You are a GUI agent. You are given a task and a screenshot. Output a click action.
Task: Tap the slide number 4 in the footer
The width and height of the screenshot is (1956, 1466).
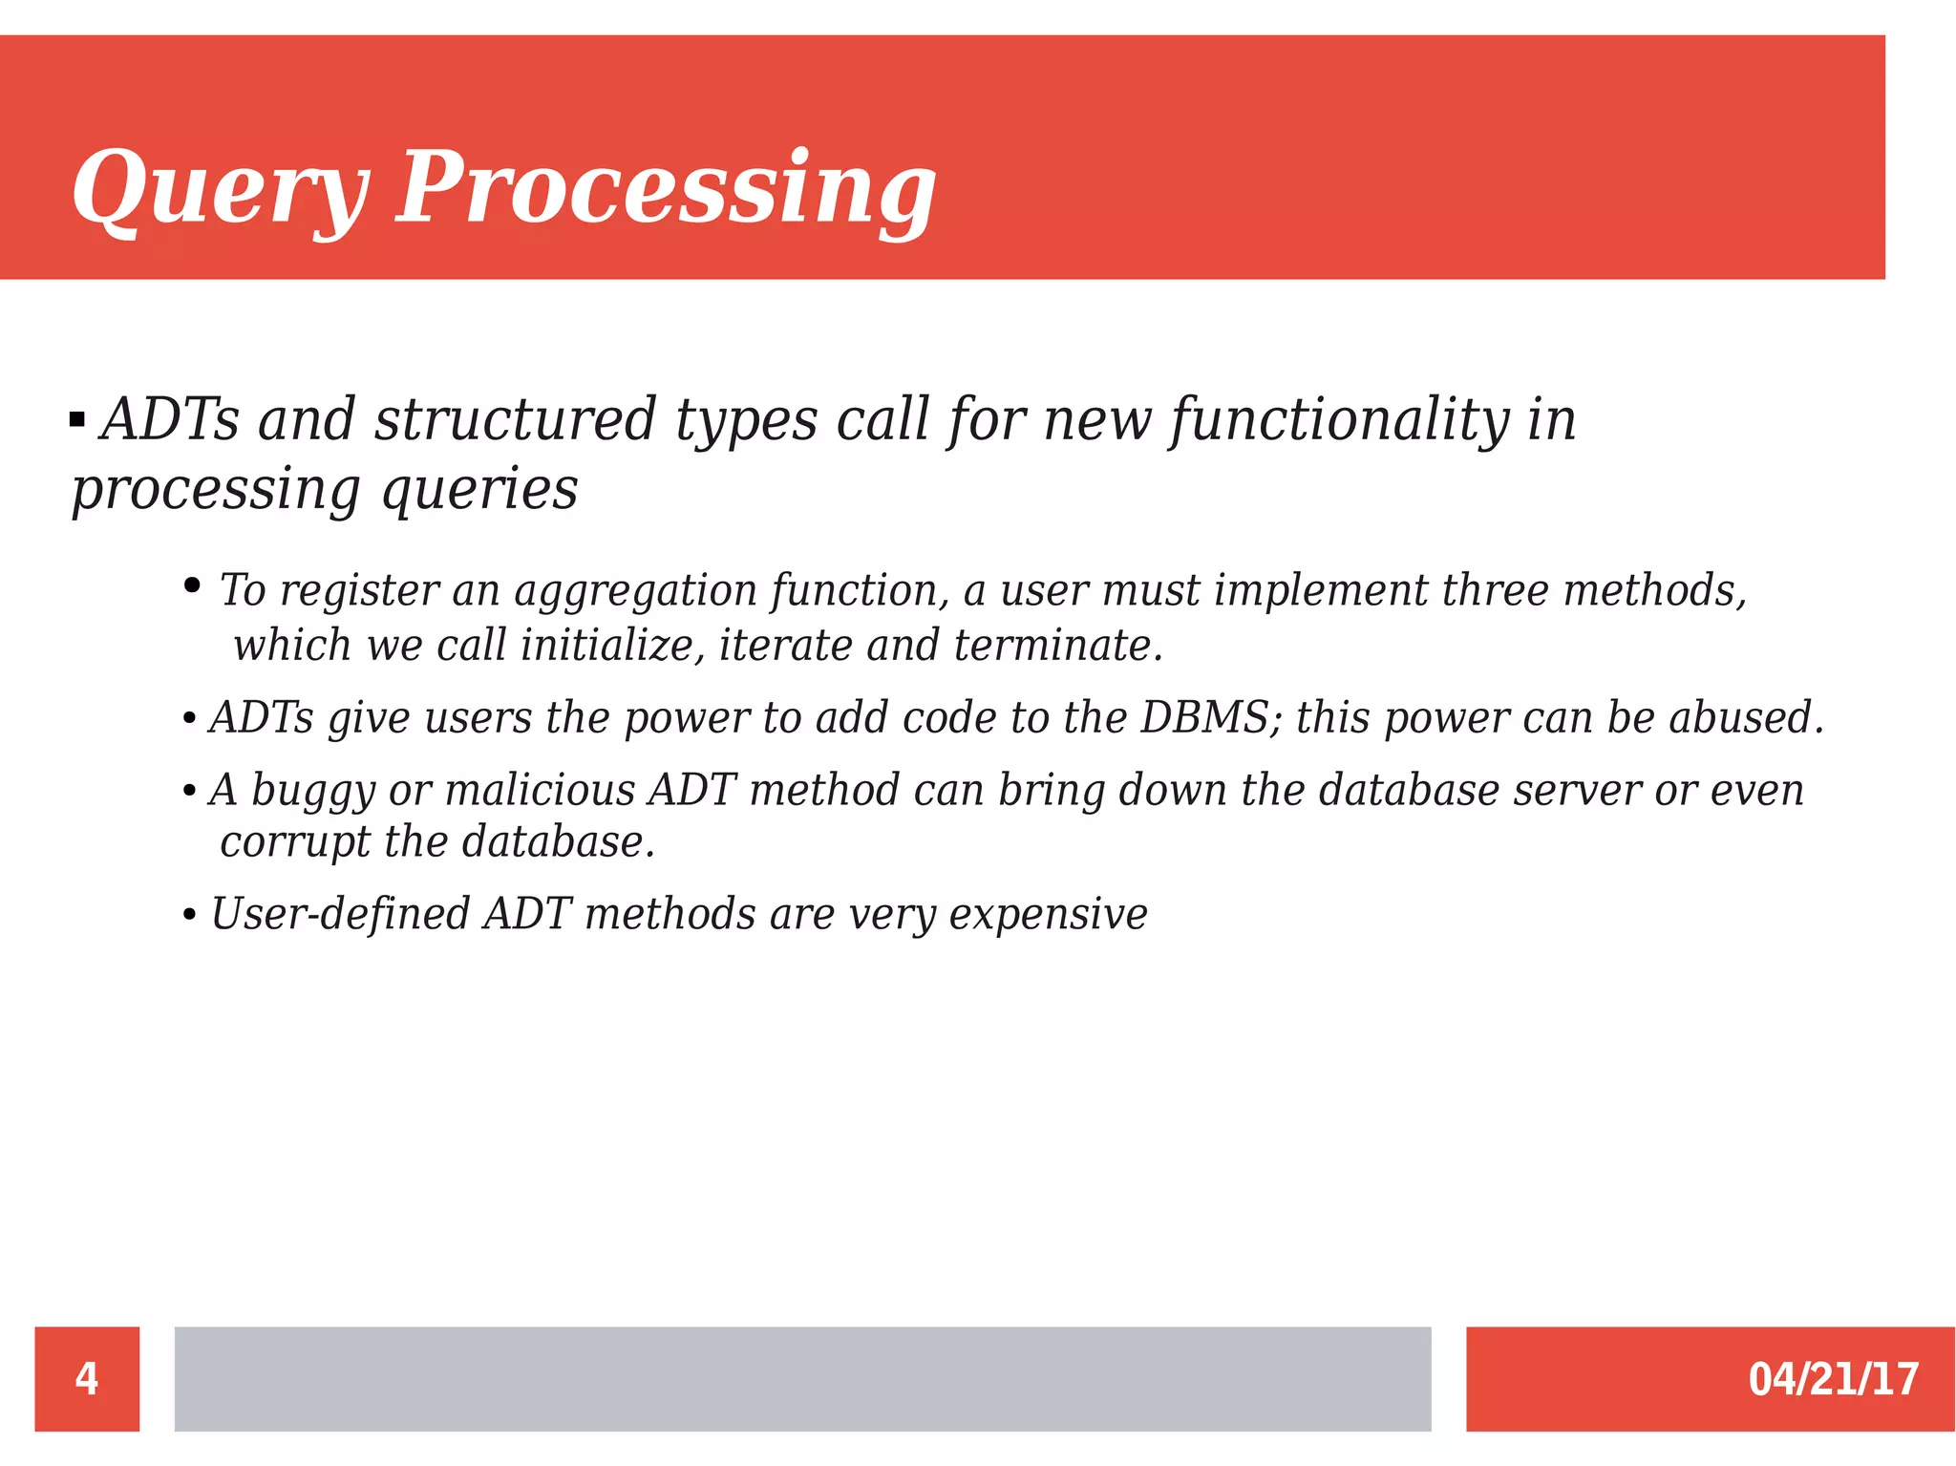tap(87, 1378)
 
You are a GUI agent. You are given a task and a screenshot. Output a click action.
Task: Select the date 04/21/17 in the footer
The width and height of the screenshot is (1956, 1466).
tap(1833, 1379)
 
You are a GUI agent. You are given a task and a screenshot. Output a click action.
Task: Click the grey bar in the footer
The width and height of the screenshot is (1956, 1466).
tap(802, 1378)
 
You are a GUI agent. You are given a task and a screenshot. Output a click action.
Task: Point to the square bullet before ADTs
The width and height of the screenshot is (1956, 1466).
tap(77, 419)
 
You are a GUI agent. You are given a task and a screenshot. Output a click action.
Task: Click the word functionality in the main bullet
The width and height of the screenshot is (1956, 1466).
tap(1340, 420)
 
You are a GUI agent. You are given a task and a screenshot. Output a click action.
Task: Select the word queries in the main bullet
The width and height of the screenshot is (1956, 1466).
tap(479, 490)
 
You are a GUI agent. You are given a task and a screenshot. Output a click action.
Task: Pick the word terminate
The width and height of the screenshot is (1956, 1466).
tap(1057, 646)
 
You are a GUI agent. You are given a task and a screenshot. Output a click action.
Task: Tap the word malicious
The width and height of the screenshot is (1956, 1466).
tap(540, 790)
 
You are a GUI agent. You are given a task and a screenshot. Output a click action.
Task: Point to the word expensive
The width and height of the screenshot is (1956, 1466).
tap(1048, 914)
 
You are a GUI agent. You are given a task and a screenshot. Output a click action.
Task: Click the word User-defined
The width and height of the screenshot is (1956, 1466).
tap(340, 914)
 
